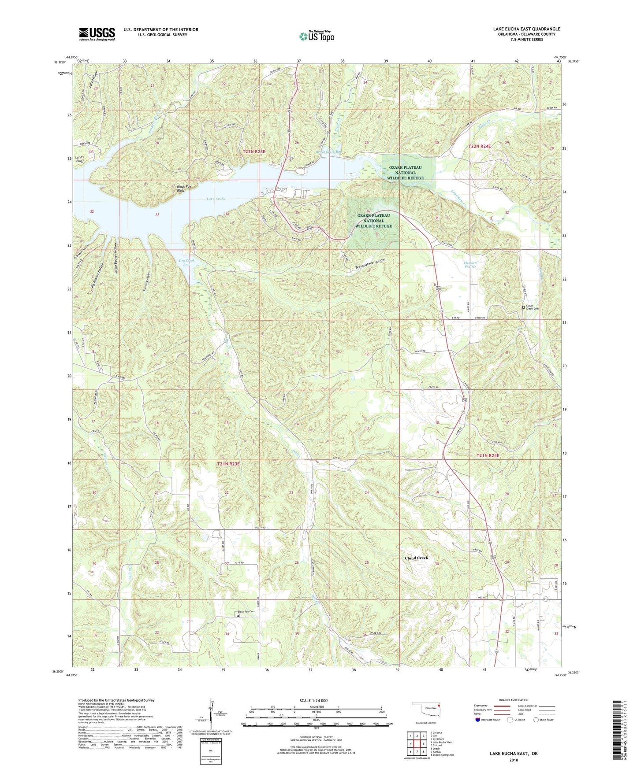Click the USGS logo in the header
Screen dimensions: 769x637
pyautogui.click(x=97, y=33)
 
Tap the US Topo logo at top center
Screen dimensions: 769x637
pyautogui.click(x=316, y=36)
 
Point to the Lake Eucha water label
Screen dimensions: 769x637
pyautogui.click(x=216, y=199)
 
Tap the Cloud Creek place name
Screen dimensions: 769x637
pyautogui.click(x=416, y=558)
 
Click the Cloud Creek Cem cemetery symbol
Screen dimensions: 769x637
pyautogui.click(x=523, y=307)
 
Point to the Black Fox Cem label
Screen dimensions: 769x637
pyautogui.click(x=246, y=611)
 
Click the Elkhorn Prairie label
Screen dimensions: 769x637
pyautogui.click(x=471, y=266)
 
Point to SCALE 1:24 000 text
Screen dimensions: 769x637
pyautogui.click(x=313, y=700)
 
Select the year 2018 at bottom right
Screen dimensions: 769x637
pyautogui.click(x=513, y=760)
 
